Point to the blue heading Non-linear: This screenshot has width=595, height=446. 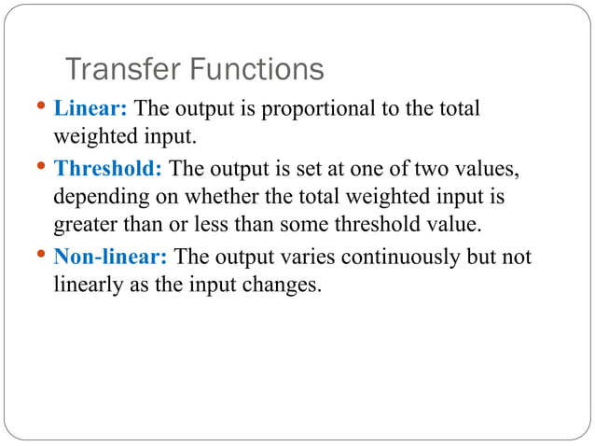tap(112, 257)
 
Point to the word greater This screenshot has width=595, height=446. tap(85, 228)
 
